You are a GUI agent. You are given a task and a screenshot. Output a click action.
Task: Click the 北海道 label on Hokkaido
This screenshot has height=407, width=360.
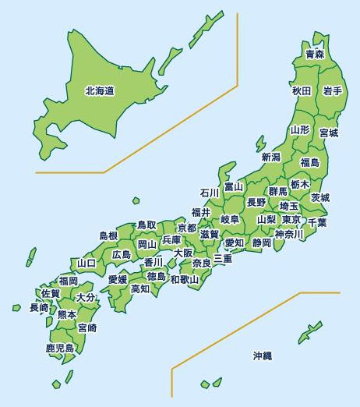tap(100, 91)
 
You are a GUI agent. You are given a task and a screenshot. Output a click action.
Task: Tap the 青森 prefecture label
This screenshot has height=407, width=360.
tap(315, 54)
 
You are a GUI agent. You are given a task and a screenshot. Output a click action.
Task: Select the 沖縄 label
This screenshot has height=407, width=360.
tap(263, 356)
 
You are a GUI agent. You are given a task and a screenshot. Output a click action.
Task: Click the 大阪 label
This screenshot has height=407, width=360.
tap(183, 253)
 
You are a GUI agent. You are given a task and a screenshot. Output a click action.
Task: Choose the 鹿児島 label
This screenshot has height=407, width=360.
tap(60, 348)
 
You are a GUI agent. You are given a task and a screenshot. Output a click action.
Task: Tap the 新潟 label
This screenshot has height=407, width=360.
tap(270, 157)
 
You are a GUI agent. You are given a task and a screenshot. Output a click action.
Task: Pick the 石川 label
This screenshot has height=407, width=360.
tap(210, 193)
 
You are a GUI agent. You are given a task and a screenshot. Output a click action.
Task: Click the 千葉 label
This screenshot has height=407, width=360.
tap(317, 222)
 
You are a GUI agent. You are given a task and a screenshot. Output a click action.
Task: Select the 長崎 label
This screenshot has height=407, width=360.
tap(39, 308)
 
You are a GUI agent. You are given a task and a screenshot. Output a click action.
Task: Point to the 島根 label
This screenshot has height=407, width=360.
tap(108, 235)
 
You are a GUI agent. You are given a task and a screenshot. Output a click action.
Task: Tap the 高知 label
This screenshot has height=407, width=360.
tap(140, 288)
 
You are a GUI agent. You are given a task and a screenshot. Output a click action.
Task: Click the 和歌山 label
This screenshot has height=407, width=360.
tap(185, 279)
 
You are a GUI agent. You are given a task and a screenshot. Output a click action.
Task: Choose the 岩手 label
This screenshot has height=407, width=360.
tap(333, 91)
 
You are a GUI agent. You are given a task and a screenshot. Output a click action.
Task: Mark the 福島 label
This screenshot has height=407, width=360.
tap(309, 162)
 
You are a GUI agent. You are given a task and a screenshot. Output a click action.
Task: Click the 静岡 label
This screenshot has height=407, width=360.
tap(262, 243)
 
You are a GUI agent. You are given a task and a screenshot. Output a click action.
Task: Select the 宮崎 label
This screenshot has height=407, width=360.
tap(87, 327)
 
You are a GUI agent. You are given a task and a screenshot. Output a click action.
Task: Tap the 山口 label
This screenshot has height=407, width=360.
tap(86, 264)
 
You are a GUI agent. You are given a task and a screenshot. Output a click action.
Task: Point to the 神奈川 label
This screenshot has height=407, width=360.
tap(288, 234)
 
